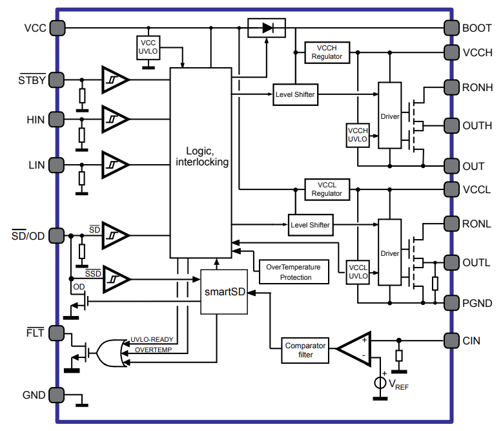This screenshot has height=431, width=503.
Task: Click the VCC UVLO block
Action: (x=149, y=47)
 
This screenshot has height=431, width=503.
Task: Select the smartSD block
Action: (x=225, y=291)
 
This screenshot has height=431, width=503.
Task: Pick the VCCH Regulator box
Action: (x=327, y=52)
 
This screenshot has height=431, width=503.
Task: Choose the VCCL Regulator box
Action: (x=327, y=189)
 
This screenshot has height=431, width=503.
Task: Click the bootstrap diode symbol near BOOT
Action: (x=267, y=28)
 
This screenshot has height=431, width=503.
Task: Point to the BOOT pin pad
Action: (x=451, y=28)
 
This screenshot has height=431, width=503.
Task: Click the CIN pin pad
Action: (x=451, y=340)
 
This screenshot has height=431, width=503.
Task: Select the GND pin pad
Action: (x=56, y=394)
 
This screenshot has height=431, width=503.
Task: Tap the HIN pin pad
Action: (x=56, y=119)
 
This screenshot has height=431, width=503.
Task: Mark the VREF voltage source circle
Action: (x=380, y=383)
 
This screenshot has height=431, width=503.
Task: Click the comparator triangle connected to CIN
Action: (x=354, y=349)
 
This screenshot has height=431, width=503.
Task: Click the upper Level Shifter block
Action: (x=294, y=94)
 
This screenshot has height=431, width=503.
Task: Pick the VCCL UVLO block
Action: (x=358, y=271)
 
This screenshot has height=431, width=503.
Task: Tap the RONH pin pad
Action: (x=451, y=87)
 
